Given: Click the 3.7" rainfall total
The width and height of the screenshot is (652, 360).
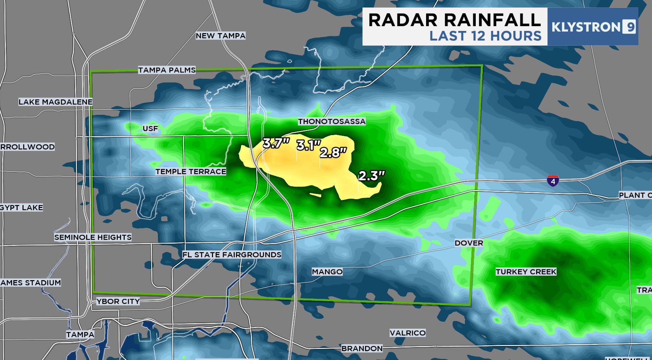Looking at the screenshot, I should coord(276,143).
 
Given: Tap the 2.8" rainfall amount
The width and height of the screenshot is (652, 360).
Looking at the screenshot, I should coord(333,152).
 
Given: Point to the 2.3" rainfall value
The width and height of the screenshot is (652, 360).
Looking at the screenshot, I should coord(371,176).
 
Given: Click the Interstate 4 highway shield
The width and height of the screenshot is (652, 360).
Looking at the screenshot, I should coord(553,180).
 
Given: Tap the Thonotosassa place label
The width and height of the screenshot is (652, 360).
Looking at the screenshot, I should coord(332,121).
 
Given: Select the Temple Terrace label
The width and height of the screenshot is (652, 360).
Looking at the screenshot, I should coord(191,172).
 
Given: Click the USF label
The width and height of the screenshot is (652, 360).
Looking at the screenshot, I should coord(150,128).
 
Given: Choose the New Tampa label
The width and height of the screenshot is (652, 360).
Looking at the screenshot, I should coord(220,36).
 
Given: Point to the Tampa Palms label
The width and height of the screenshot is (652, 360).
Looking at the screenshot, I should coord(167,70).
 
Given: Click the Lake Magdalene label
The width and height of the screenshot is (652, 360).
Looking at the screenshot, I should coord(56,102).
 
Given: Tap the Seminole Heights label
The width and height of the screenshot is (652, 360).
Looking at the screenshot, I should coord(93,237).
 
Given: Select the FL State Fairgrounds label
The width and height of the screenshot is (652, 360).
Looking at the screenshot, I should coord(232,255).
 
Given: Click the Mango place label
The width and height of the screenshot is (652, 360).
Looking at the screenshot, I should coord(327,272).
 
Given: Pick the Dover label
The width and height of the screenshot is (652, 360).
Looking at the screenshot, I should coord(469,243).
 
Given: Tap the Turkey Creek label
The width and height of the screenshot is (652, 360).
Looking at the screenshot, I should coord(526,272).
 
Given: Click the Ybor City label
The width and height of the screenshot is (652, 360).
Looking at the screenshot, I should coord(118,301).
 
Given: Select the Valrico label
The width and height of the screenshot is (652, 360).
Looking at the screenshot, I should coord(407,333).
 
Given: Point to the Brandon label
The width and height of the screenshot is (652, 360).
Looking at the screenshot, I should coord(362,349).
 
